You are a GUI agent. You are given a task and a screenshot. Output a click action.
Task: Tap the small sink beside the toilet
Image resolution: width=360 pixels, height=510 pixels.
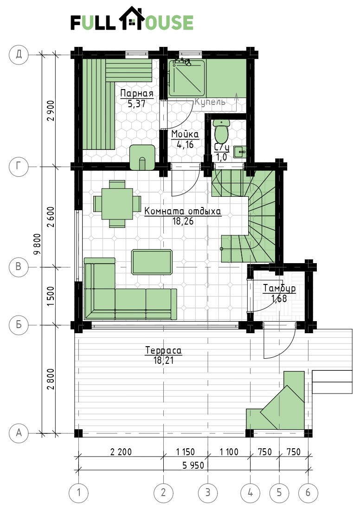240,151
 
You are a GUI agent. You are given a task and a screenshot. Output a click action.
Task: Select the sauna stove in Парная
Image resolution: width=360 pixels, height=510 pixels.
142,157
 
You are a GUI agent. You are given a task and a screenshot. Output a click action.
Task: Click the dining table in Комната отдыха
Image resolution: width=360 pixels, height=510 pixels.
117,204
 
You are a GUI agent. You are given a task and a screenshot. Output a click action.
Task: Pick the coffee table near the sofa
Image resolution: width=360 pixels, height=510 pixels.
152,262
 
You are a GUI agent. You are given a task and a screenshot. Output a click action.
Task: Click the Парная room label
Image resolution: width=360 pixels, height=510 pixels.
136,94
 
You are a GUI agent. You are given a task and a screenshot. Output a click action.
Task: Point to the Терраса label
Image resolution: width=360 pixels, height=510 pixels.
163,350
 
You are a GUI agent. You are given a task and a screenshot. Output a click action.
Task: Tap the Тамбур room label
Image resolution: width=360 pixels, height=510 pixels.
279,288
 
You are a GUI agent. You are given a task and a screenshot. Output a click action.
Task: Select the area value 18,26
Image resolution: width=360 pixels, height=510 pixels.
183,221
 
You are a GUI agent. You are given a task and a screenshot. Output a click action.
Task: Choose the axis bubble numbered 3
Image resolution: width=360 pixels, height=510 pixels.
208,492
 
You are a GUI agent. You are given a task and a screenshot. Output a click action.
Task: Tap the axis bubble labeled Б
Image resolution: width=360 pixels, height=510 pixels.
19,324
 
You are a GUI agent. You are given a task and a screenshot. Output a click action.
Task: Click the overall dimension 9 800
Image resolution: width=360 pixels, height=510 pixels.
38,244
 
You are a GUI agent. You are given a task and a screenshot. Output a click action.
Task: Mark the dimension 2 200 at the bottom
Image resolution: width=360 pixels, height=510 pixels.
121,452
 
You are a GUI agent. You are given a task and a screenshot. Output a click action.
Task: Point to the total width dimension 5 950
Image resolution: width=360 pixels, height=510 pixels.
193,465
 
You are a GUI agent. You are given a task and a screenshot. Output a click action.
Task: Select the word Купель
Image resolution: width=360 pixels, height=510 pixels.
210,102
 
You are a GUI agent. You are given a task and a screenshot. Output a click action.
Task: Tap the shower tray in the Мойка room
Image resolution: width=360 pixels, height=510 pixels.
186,78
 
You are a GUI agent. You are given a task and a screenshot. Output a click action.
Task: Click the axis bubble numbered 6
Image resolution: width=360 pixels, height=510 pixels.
308,492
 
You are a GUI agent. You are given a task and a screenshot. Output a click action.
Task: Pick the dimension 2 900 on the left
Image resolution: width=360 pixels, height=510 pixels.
51,110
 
